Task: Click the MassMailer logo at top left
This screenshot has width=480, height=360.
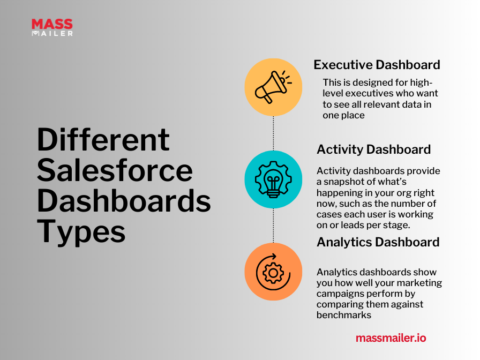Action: (x=52, y=27)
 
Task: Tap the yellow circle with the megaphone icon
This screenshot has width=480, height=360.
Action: (x=273, y=87)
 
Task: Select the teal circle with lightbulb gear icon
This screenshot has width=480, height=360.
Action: (x=273, y=179)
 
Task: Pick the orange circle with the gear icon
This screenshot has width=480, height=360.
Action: (x=273, y=272)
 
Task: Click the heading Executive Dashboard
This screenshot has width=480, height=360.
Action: (x=377, y=65)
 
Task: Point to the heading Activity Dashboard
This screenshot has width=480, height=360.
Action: (x=373, y=149)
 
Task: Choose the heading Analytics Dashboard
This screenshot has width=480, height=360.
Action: (x=378, y=242)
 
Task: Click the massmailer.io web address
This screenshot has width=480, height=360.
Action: (x=391, y=338)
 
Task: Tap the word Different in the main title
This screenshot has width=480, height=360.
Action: (x=103, y=140)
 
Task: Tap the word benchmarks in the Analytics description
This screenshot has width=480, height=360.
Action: (x=343, y=315)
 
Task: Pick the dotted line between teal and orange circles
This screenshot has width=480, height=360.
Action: (x=273, y=226)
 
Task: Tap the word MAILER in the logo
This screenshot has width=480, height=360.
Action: (x=56, y=33)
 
